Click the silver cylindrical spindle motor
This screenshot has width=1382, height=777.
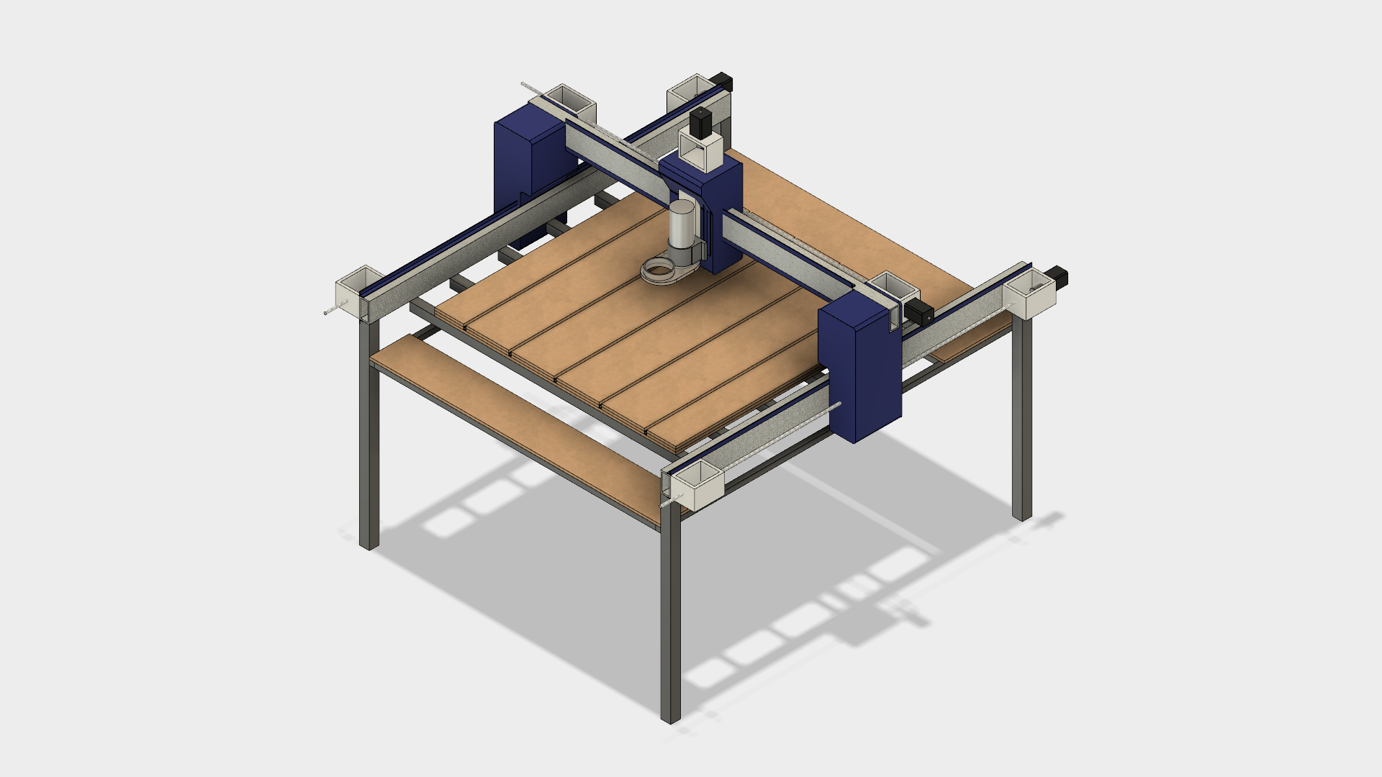pos(682,225)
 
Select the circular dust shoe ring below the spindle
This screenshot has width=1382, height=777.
pos(661,272)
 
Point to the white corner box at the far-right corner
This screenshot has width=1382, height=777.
pos(1030,295)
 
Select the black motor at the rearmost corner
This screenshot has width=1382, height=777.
pos(722,81)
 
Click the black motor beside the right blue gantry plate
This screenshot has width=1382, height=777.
pos(918,312)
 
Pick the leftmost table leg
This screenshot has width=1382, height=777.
pos(368,446)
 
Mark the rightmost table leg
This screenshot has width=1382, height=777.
pos(1021,424)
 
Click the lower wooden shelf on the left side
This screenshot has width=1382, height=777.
pos(504,424)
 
